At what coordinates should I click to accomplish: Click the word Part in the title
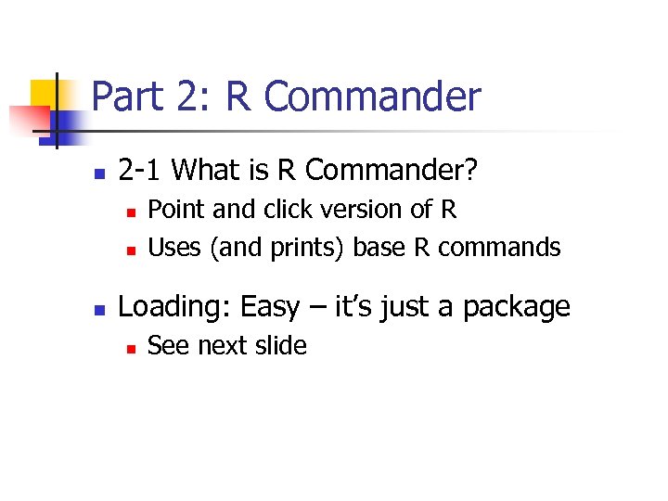point(126,97)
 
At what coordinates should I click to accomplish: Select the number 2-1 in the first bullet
point(141,171)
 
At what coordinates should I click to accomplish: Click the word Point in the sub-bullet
point(176,210)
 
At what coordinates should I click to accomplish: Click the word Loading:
point(177,307)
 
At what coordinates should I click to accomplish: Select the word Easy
point(270,307)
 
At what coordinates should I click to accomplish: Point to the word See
point(170,346)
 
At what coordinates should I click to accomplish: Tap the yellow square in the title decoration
point(43,93)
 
